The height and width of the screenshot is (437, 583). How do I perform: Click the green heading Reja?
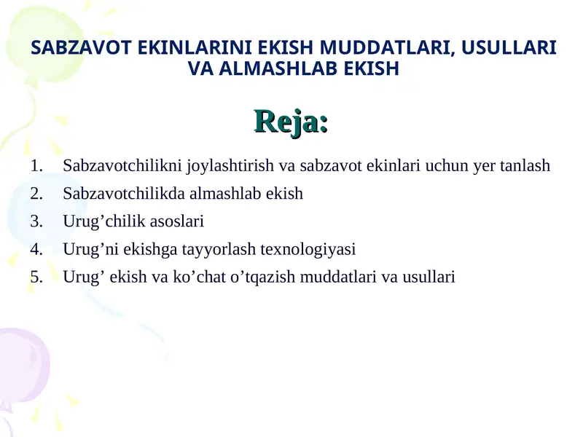[291, 122]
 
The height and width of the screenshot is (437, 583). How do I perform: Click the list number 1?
[37, 166]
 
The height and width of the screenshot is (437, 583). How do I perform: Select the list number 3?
[37, 221]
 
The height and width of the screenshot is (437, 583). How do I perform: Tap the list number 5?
[37, 277]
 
